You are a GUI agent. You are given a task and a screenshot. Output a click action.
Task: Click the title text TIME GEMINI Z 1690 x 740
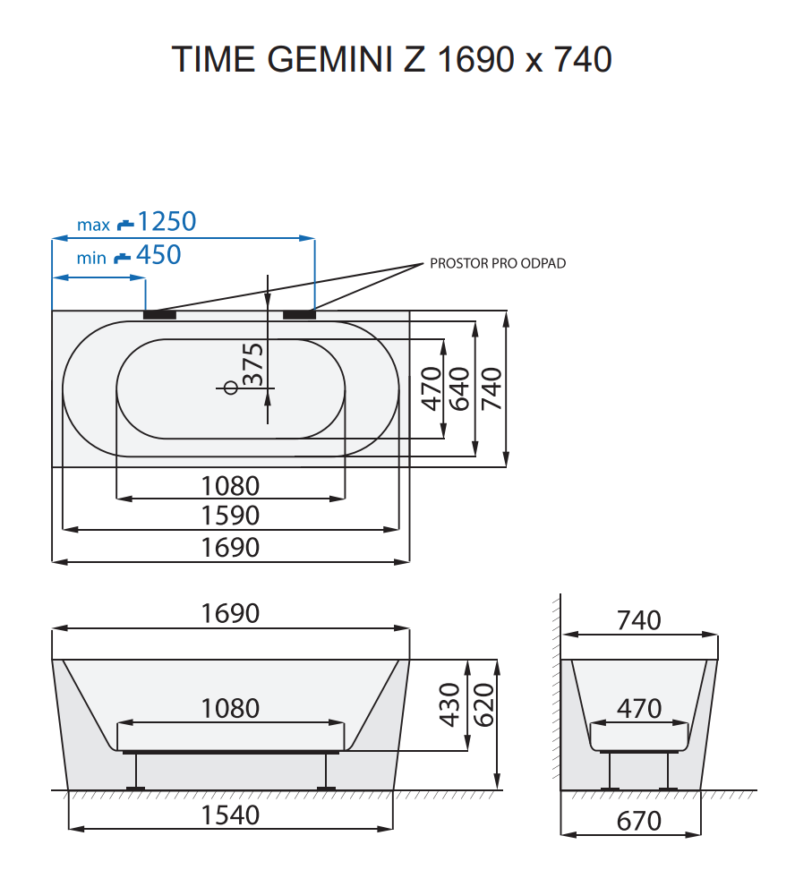[392, 60]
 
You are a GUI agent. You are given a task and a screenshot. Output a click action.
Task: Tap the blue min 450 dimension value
[158, 255]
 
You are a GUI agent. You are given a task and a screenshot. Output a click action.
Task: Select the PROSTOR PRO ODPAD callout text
[497, 264]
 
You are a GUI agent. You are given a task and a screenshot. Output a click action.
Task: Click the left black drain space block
[160, 314]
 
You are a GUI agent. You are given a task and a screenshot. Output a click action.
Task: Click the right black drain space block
[299, 314]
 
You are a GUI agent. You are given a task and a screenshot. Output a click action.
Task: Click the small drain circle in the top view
[230, 388]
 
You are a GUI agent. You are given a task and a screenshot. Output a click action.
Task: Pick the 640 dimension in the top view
[459, 388]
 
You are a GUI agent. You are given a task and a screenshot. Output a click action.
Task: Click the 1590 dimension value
[230, 516]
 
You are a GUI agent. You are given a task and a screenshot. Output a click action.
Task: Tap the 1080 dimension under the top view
[230, 486]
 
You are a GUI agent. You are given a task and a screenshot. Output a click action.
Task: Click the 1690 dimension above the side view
[230, 614]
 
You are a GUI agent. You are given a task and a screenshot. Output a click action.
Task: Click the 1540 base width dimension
[230, 815]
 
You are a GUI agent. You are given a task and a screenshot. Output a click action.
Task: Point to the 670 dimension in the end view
[639, 821]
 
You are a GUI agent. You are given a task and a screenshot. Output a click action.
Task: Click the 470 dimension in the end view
[639, 709]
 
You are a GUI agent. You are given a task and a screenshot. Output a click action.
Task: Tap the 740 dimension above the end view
[639, 620]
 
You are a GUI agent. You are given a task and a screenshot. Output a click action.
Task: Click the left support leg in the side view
[136, 771]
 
